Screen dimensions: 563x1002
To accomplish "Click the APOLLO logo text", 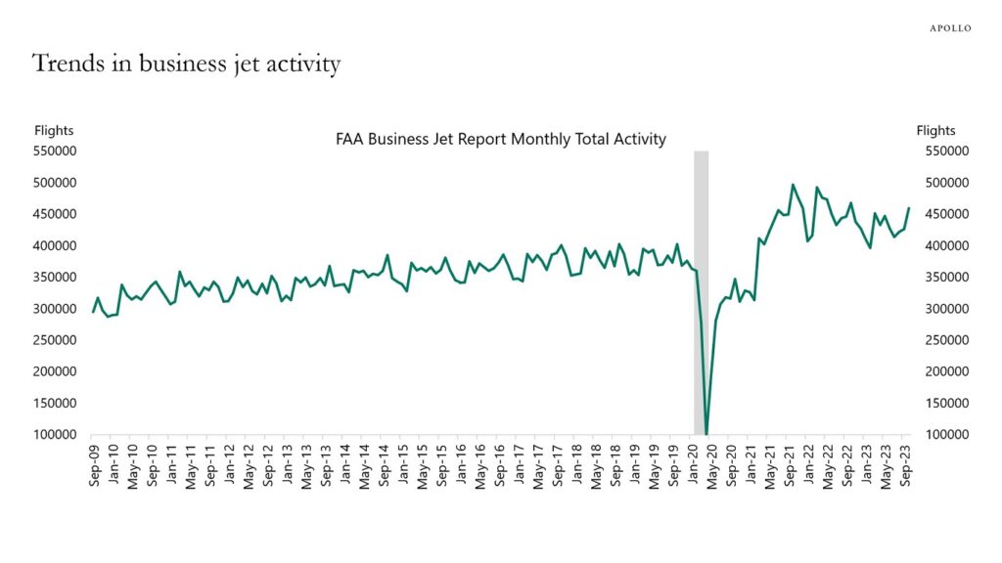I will (x=949, y=28).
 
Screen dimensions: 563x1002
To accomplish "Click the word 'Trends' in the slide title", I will (x=68, y=65).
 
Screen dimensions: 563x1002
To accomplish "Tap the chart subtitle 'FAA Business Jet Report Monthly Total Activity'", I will (x=500, y=139).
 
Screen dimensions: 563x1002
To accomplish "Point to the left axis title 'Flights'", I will (x=54, y=130).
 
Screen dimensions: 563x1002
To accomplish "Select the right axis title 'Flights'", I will (x=935, y=130).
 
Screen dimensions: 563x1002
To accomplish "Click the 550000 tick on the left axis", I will (x=56, y=152).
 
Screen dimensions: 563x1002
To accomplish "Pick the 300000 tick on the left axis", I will (x=56, y=309).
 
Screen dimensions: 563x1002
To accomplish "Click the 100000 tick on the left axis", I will (x=56, y=434).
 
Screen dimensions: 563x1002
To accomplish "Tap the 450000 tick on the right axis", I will (x=945, y=214).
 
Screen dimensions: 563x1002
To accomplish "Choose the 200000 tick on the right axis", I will (x=945, y=371).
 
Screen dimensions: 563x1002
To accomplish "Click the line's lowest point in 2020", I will (x=706, y=432).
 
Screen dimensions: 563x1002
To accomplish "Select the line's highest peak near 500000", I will (x=793, y=185).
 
